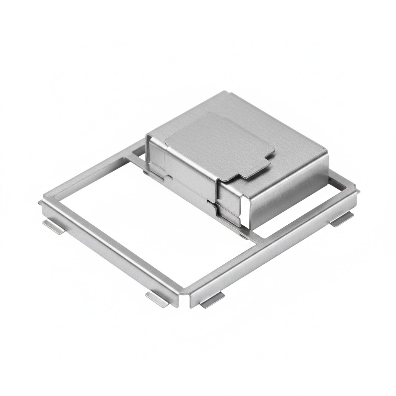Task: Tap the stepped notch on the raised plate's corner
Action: (260, 170)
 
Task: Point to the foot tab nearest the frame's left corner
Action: (53, 227)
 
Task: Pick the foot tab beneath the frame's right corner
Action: (341, 219)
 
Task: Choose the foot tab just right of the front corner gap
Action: (212, 300)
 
